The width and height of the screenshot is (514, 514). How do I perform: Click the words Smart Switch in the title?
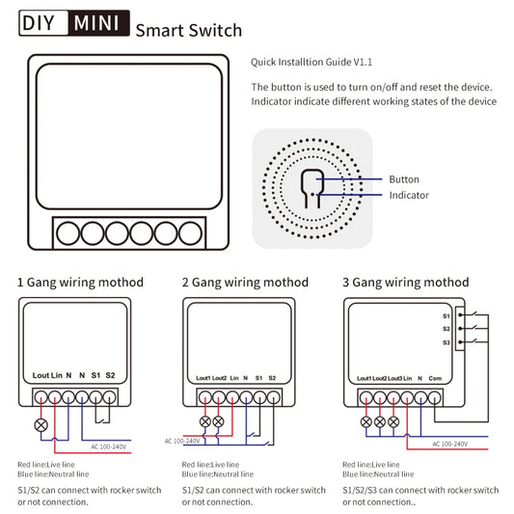pyautogui.click(x=188, y=29)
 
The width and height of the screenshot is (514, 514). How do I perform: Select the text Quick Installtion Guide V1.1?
pyautogui.click(x=311, y=62)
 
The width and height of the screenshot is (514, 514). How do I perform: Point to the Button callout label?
pyautogui.click(x=404, y=179)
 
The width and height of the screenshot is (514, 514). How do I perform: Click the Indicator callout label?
pyautogui.click(x=409, y=195)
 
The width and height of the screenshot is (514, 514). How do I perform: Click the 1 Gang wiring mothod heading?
pyautogui.click(x=80, y=283)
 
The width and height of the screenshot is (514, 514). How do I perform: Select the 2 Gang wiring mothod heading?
pyautogui.click(x=245, y=283)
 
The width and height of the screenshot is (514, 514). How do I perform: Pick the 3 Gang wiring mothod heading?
pyautogui.click(x=406, y=283)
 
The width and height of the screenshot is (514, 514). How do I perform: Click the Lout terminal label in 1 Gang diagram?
pyautogui.click(x=41, y=375)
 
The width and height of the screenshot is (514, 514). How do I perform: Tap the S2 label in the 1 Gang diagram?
pyautogui.click(x=110, y=375)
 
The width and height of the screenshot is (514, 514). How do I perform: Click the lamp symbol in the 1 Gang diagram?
pyautogui.click(x=41, y=423)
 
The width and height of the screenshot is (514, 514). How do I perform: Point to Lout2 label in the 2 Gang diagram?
pyautogui.click(x=219, y=378)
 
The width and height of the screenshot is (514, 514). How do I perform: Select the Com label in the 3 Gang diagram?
pyautogui.click(x=435, y=378)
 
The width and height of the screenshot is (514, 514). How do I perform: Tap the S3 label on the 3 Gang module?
pyautogui.click(x=446, y=342)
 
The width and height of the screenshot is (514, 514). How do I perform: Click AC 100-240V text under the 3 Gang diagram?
pyautogui.click(x=449, y=444)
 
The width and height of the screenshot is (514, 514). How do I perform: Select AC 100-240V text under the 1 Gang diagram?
pyautogui.click(x=108, y=446)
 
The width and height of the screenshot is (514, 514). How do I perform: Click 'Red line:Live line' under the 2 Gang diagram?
pyautogui.click(x=212, y=466)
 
